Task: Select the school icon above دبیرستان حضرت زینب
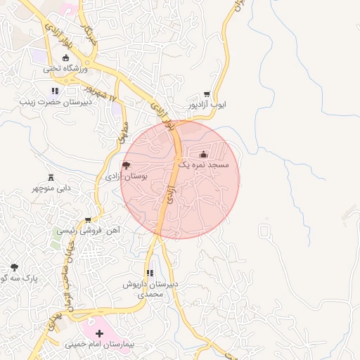tap(55, 91)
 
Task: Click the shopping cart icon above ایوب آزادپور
tap(207, 94)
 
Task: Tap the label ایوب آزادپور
tap(207, 105)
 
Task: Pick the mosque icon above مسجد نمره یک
tap(203, 154)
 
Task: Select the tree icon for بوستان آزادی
tap(126, 166)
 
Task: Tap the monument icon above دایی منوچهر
tap(51, 177)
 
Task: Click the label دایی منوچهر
tap(51, 188)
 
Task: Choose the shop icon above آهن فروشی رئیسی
tap(88, 219)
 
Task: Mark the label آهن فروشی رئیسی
tap(88, 230)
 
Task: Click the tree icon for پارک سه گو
tap(14, 267)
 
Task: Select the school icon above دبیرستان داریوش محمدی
tap(150, 273)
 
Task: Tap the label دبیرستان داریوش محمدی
tap(150, 289)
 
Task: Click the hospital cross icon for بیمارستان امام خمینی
tap(99, 333)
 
